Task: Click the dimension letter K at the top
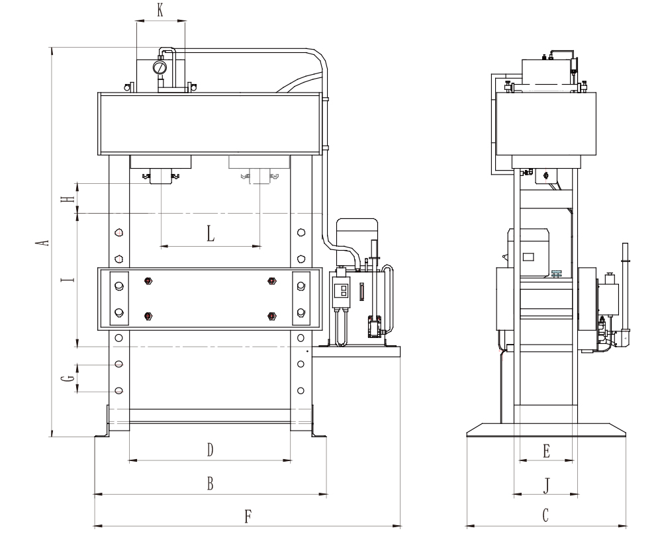tap(160, 11)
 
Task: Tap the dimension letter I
tap(68, 279)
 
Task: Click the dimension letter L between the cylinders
tap(211, 233)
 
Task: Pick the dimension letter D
tap(211, 450)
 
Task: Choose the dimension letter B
tap(211, 484)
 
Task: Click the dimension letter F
tap(248, 517)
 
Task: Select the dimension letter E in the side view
tap(546, 451)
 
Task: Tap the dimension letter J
tap(546, 486)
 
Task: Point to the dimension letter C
tap(545, 515)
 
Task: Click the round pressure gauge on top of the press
tap(160, 67)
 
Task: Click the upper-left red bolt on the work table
tap(148, 281)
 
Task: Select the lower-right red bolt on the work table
tap(272, 316)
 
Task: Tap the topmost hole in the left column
tap(119, 233)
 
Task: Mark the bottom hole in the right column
tap(301, 390)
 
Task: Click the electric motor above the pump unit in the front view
tap(356, 235)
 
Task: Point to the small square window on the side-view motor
tap(528, 257)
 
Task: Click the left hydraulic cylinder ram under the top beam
tap(161, 175)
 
